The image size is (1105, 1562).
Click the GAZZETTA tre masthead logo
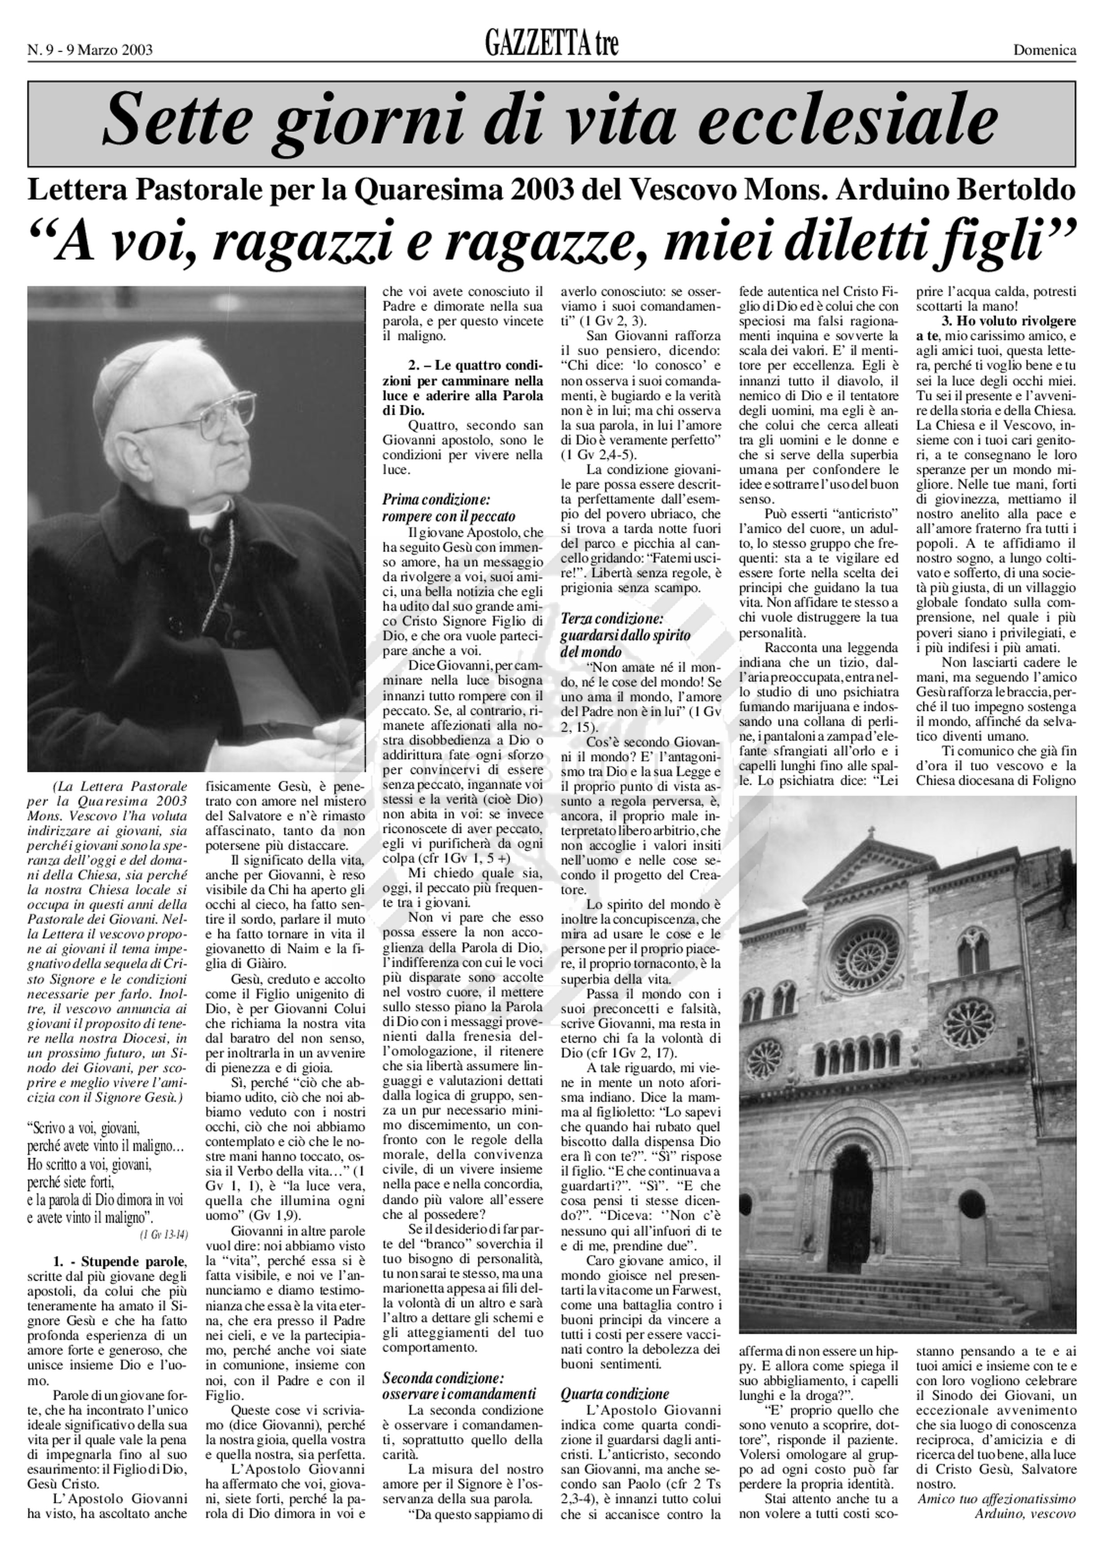click(x=551, y=45)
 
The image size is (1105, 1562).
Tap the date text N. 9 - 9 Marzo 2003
click(x=90, y=49)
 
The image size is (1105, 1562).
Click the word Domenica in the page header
click(x=1044, y=49)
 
